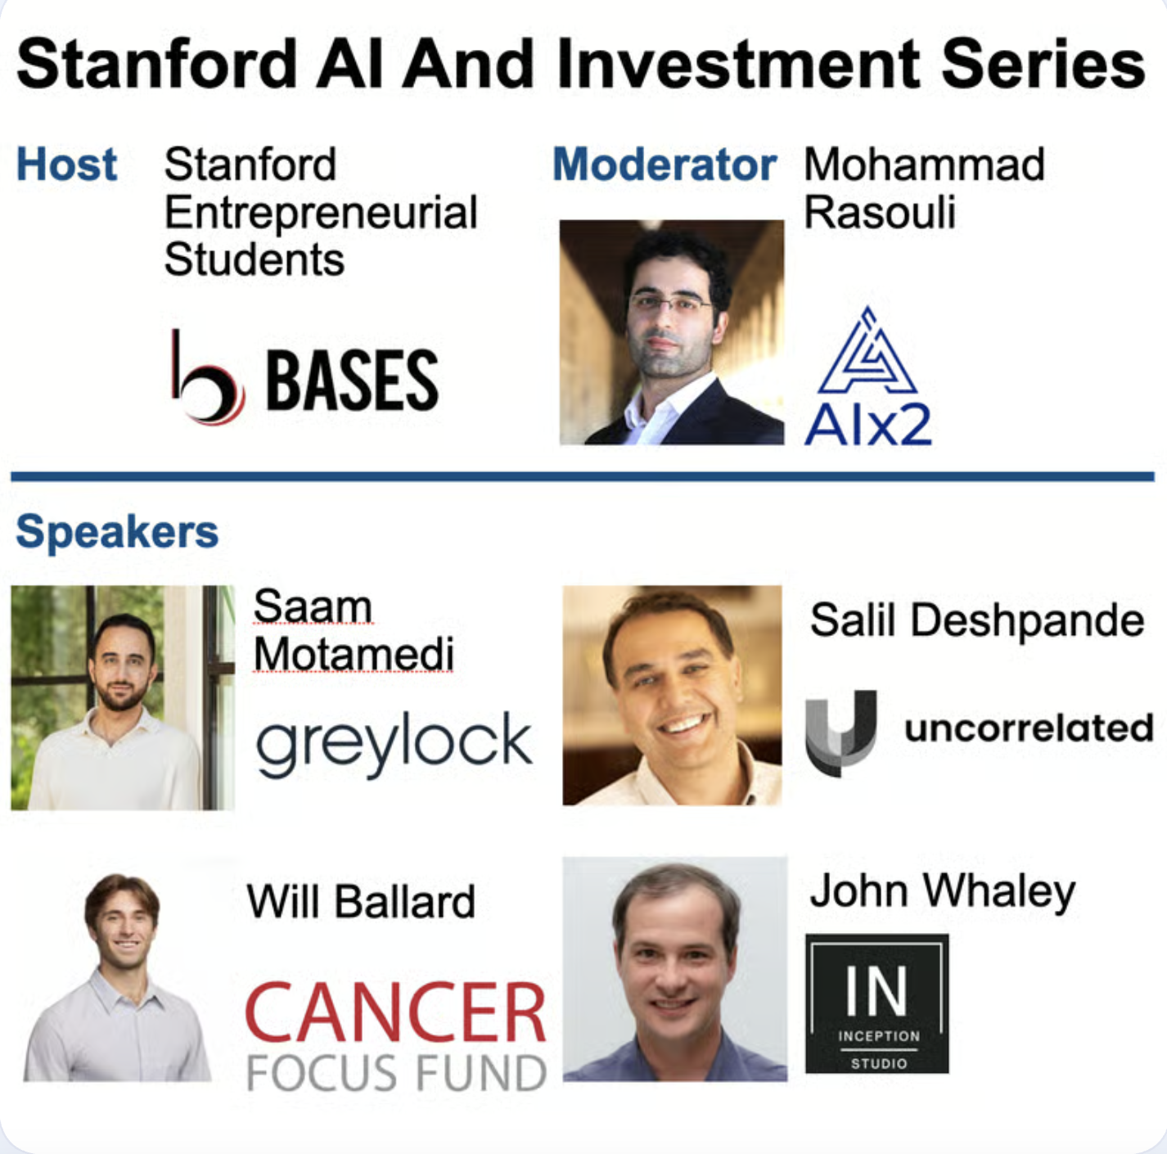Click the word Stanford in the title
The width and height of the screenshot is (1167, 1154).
coord(156,65)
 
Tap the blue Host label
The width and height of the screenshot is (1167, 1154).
coord(66,165)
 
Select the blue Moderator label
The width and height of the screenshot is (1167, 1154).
coord(664,165)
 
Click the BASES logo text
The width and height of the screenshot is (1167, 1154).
coord(352,381)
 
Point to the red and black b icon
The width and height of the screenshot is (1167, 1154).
coord(206,380)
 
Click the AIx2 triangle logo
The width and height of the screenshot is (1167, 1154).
coord(867,353)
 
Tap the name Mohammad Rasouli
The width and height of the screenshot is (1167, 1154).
coord(924,188)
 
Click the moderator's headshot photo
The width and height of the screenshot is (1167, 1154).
coord(671,332)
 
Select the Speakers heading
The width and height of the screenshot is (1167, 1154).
coord(117,532)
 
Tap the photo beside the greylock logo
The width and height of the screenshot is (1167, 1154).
coord(123,697)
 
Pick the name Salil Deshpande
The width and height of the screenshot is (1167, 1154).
coord(976,620)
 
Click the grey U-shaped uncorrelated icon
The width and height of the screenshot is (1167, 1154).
coord(840,732)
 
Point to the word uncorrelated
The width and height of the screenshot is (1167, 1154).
coord(1029,728)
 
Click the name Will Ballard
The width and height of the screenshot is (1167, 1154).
coord(361,902)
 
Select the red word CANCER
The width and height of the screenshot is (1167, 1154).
coord(396,1013)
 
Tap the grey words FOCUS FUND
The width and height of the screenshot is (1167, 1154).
coord(396,1073)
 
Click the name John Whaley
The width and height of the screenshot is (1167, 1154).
coord(942,891)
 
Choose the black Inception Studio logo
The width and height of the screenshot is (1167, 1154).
coord(876,1003)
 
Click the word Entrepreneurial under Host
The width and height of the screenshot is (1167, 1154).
coord(321,213)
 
